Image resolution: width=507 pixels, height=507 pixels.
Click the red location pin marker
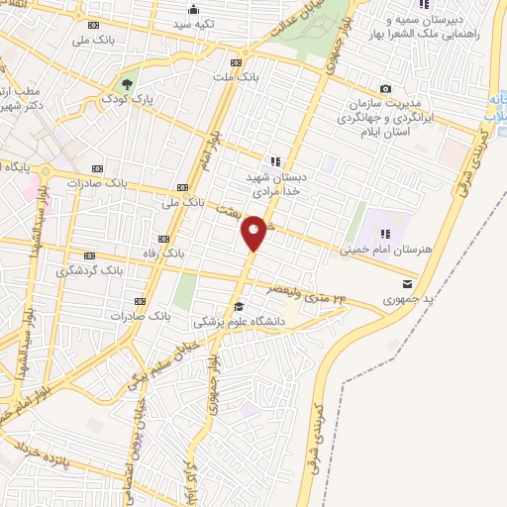tap(254, 232)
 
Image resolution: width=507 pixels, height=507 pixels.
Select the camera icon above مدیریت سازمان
tap(385, 89)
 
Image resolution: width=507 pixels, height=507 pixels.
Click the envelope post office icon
tap(407, 284)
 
